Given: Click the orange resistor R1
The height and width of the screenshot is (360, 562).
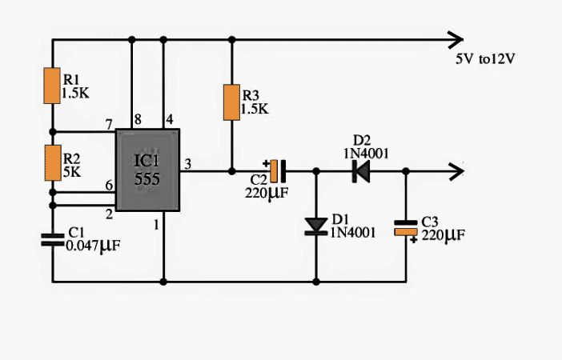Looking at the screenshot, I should [x=52, y=86].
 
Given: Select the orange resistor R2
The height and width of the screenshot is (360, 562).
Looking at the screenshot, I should [x=52, y=162].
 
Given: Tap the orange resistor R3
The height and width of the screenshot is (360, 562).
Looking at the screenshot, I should [x=231, y=102].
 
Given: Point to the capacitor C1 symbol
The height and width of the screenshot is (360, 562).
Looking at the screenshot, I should [x=52, y=238].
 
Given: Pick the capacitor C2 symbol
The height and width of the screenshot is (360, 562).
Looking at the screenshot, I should [x=277, y=170].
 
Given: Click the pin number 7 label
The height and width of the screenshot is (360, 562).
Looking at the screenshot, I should [x=107, y=124].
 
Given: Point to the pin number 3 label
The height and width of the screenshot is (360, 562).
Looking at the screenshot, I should [x=188, y=163].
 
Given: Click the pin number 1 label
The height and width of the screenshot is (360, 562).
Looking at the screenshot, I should [x=156, y=226].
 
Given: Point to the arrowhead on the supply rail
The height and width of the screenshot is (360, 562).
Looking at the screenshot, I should [x=456, y=39].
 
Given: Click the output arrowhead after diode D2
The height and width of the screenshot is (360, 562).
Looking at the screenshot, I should [x=456, y=170].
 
